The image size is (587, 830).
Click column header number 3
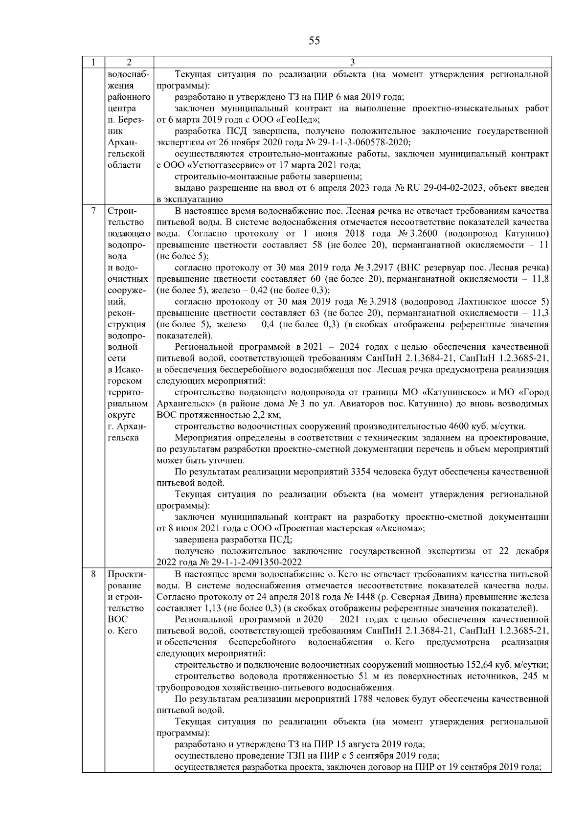point(353,62)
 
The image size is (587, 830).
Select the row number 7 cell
point(93,211)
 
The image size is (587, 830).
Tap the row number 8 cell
point(93,574)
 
